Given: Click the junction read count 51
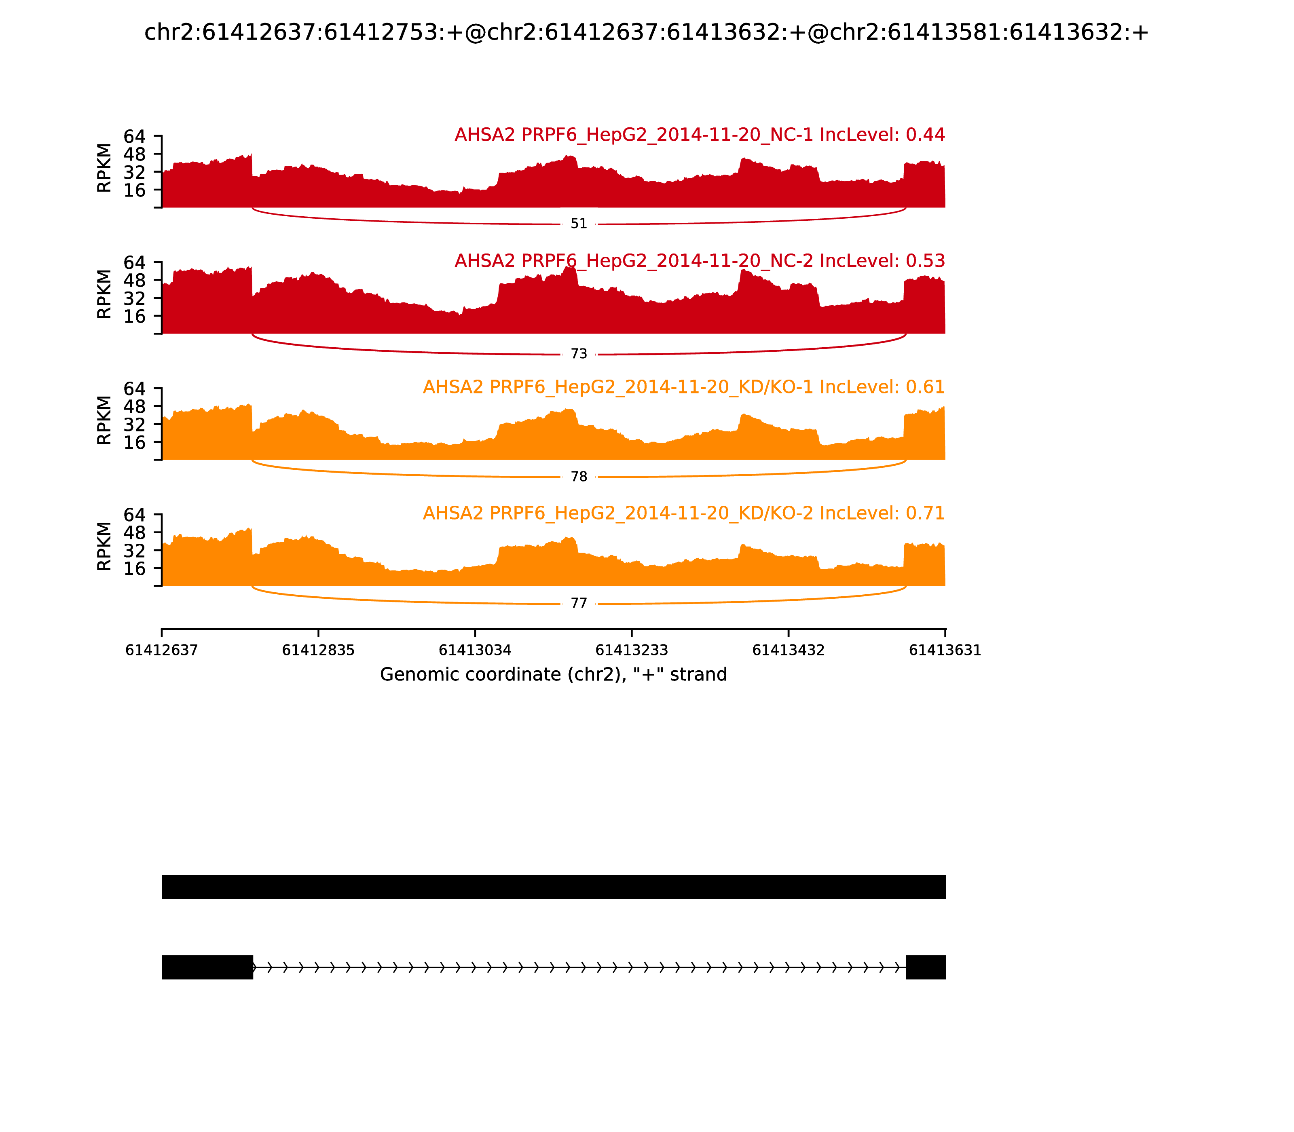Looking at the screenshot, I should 579,224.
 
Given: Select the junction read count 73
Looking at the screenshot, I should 579,354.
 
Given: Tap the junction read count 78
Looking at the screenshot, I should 579,477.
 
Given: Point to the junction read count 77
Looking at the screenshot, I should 579,603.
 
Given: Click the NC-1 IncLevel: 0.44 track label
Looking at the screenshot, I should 700,135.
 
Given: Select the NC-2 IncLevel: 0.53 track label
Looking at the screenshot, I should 700,261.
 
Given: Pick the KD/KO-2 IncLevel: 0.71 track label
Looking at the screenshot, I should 684,513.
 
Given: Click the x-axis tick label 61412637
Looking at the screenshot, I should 162,650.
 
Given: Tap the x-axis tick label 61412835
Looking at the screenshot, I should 319,650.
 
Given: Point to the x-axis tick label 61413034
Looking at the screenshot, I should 475,650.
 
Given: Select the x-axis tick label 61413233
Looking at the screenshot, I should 632,650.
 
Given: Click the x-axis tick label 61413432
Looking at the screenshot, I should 789,650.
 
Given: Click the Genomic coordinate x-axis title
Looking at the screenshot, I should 554,675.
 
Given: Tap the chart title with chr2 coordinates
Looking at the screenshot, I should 646,32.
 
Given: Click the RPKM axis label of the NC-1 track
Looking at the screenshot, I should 104,168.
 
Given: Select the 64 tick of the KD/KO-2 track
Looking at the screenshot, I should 134,515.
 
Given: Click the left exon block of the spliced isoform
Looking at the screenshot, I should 207,967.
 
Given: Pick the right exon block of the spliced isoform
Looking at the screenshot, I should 926,967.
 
